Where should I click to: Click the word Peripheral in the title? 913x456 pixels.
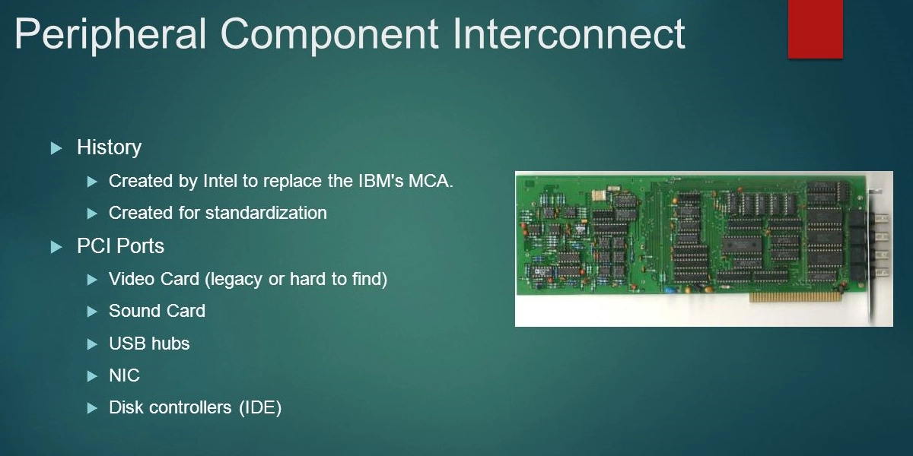click(x=110, y=36)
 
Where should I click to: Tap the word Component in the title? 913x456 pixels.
click(x=329, y=36)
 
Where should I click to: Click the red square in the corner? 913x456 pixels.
click(x=815, y=29)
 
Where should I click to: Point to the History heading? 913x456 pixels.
click(x=110, y=147)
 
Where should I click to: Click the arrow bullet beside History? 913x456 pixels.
click(x=56, y=148)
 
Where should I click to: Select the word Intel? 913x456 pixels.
click(x=220, y=181)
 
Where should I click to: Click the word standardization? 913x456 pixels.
click(x=266, y=213)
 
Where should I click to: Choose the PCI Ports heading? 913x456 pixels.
click(x=121, y=246)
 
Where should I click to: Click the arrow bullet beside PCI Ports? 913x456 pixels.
click(x=56, y=247)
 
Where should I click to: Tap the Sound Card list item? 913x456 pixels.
click(x=157, y=311)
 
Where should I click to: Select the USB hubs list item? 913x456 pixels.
click(x=149, y=344)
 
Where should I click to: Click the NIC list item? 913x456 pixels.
click(x=124, y=375)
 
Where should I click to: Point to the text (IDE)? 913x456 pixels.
click(x=260, y=407)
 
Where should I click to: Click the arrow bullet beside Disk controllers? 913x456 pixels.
click(x=93, y=408)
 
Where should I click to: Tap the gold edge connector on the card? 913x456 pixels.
click(x=795, y=297)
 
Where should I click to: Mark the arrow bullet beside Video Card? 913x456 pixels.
click(x=93, y=280)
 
